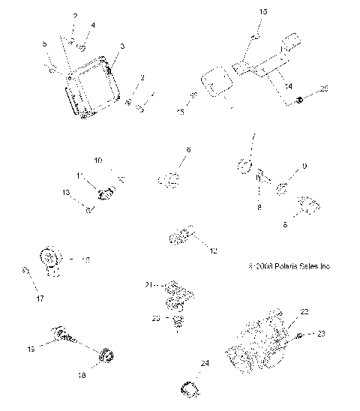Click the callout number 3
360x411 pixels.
(122, 46)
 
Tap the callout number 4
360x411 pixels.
(93, 25)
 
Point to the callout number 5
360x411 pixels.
(44, 44)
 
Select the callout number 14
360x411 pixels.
(288, 87)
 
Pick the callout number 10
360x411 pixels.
(97, 160)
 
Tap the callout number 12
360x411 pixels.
(214, 250)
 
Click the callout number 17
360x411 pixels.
(31, 298)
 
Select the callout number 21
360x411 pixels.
(148, 284)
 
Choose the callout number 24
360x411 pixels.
(203, 363)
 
